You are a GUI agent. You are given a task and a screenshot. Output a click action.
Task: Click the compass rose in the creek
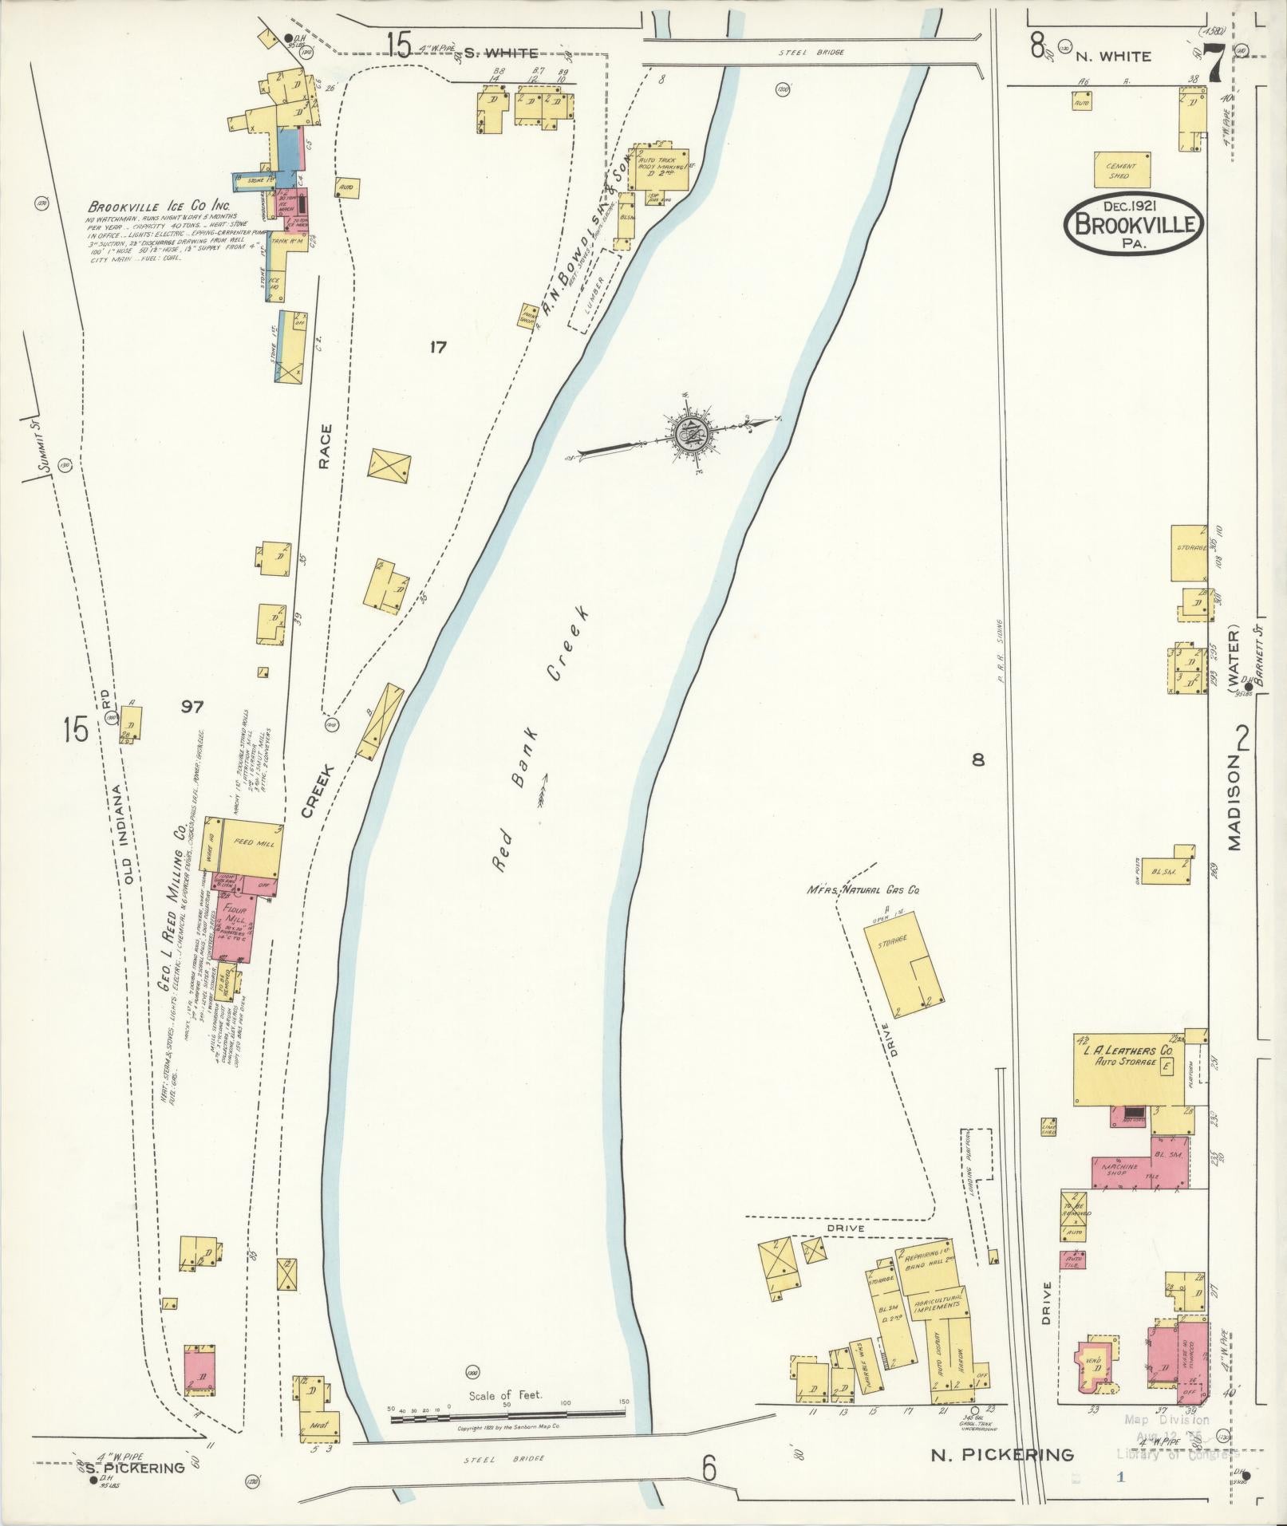686,434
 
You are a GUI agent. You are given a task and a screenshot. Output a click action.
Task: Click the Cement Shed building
1122,169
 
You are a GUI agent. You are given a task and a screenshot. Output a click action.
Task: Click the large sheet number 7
1216,63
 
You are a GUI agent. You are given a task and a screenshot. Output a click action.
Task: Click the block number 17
437,347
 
